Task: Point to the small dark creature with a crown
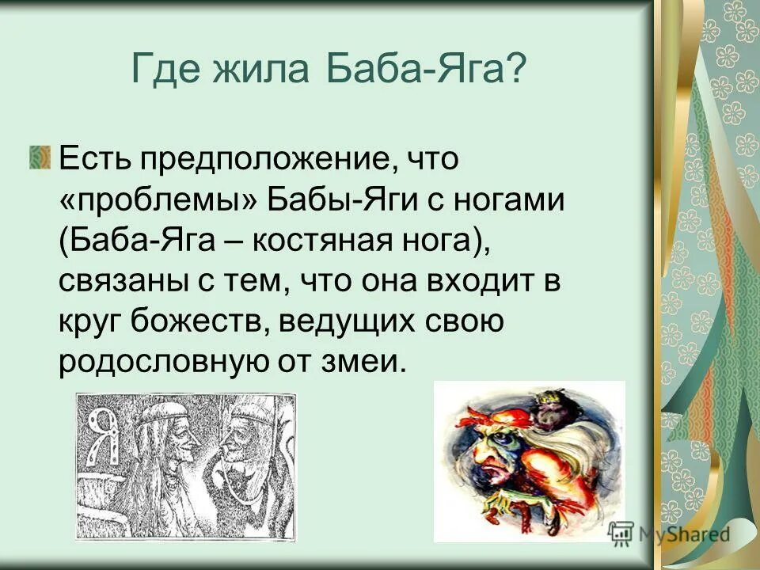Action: coord(546,408)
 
